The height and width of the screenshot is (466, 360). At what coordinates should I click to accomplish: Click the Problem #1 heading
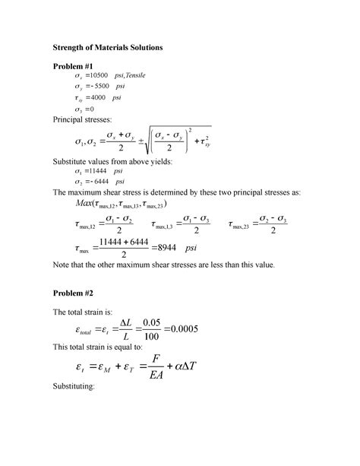[x=77, y=67]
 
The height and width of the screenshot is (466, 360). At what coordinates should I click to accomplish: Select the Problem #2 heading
[x=77, y=293]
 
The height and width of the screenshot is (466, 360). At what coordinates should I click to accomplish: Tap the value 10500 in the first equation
[x=99, y=77]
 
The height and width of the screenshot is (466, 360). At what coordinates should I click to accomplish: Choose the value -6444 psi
[x=98, y=183]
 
